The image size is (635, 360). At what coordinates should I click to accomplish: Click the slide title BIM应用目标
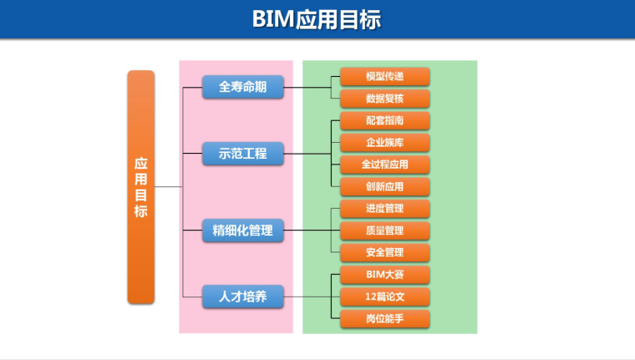(317, 19)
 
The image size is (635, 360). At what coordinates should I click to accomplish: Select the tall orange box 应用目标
(140, 187)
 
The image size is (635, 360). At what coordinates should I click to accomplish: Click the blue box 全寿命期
(242, 87)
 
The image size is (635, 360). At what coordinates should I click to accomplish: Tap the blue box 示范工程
(242, 154)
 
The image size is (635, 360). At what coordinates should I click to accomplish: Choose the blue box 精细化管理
(242, 231)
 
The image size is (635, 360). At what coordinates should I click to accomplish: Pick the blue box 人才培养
(242, 296)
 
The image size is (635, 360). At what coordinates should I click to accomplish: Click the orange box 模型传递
(384, 77)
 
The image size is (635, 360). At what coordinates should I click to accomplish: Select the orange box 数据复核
(384, 99)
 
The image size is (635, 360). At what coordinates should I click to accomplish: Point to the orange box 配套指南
(384, 120)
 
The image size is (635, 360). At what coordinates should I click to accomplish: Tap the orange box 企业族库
(384, 142)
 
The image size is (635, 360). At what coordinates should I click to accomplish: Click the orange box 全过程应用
(384, 164)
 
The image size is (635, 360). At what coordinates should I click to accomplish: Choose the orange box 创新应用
(384, 185)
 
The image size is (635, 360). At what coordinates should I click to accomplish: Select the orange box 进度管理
(384, 208)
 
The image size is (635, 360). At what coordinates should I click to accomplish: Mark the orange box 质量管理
(384, 230)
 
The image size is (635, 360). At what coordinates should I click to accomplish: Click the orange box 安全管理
(384, 251)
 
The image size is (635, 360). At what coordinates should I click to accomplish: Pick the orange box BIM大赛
(384, 274)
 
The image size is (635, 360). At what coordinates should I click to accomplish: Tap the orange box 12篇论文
(384, 296)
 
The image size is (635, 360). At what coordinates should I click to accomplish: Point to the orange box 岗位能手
(384, 317)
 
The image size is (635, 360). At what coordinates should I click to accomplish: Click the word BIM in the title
(273, 19)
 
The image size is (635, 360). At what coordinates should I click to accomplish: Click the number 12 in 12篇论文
(370, 296)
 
